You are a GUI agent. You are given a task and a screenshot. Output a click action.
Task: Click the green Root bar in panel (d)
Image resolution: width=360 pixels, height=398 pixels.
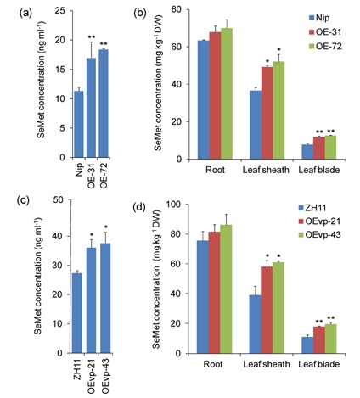pos(227,289)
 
